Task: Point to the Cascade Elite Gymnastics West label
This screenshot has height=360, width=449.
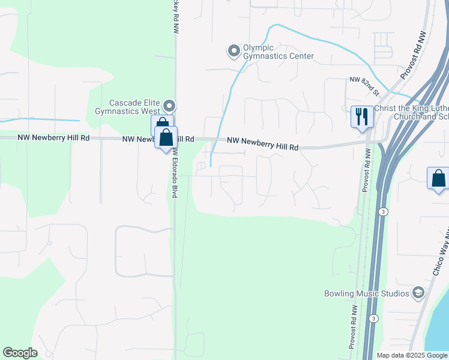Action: (x=127, y=107)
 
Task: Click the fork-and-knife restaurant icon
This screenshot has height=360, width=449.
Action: (x=361, y=116)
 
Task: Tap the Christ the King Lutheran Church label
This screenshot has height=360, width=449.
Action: (x=411, y=112)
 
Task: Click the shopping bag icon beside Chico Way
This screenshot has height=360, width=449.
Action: (x=438, y=178)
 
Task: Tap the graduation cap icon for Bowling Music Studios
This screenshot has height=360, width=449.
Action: (x=418, y=293)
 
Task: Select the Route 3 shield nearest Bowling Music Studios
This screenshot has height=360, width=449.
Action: (x=374, y=318)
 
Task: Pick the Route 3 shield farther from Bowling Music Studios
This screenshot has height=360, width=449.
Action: (x=382, y=212)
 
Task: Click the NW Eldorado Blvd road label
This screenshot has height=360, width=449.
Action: (x=175, y=174)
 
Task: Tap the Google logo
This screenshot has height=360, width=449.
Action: (x=20, y=353)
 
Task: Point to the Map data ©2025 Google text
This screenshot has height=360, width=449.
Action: (x=412, y=355)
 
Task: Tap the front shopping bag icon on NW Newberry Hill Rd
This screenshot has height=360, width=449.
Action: (x=166, y=138)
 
